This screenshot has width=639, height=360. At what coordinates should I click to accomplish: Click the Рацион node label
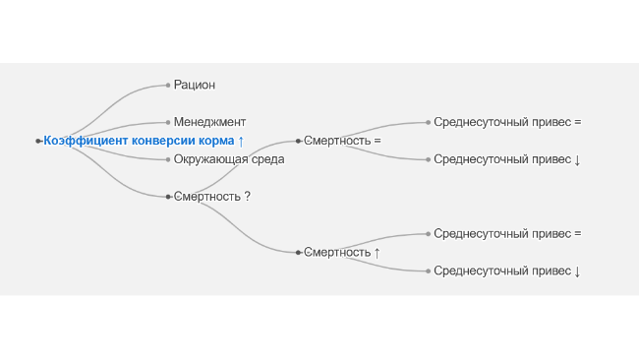[195, 86]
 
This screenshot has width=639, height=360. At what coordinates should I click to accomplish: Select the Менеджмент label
[209, 122]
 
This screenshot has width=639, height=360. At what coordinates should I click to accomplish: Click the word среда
[267, 159]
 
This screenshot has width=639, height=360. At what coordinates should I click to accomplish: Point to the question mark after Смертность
[248, 196]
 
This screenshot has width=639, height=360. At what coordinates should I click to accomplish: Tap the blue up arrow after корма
[241, 141]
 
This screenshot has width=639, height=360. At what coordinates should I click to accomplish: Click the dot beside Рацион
[168, 86]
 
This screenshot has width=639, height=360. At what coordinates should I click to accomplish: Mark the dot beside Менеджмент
[168, 122]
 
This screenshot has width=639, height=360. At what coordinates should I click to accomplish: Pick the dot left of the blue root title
[38, 141]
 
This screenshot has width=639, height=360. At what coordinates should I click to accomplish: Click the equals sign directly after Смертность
[377, 141]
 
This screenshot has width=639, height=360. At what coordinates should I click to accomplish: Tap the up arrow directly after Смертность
[377, 253]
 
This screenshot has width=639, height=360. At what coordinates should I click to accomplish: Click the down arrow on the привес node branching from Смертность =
[577, 159]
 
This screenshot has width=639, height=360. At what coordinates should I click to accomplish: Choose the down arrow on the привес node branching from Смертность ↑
[577, 271]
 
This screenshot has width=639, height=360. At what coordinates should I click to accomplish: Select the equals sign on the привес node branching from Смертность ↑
[577, 234]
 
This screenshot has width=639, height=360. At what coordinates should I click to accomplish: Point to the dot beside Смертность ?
[168, 197]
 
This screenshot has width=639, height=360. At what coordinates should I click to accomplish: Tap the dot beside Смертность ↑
[298, 253]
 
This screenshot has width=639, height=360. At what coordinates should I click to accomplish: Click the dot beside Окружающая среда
[168, 159]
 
